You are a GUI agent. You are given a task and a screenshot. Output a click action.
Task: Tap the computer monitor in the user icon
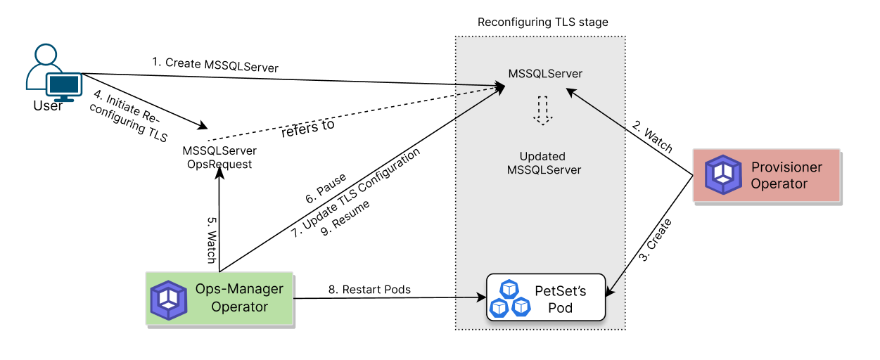[x=64, y=86]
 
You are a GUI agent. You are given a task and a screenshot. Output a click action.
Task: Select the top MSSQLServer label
[x=545, y=74]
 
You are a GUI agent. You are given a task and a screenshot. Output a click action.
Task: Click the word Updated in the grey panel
[x=542, y=156]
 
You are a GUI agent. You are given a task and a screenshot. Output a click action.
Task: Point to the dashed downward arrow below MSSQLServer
[x=542, y=110]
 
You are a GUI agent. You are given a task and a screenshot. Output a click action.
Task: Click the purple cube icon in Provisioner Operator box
[x=723, y=175]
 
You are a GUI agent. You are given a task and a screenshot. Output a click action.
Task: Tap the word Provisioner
[x=786, y=167]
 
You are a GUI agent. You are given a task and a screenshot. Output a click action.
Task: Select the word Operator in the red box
[x=779, y=184]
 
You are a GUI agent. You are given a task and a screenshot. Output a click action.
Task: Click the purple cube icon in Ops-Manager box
[x=169, y=300]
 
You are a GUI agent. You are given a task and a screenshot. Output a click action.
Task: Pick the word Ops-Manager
[x=239, y=289]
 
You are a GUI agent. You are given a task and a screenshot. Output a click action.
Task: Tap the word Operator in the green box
[x=239, y=307]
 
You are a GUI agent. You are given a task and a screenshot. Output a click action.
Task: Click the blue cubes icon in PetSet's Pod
[x=509, y=298]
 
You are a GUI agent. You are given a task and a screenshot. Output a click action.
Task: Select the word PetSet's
[x=561, y=290]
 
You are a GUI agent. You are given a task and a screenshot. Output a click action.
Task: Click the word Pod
[x=561, y=308]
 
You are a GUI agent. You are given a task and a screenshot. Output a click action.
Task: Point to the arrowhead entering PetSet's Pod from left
[x=482, y=297]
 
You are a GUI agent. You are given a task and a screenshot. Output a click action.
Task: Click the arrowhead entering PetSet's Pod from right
[x=610, y=290]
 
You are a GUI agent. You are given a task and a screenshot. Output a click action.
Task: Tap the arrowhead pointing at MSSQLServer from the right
[x=571, y=90]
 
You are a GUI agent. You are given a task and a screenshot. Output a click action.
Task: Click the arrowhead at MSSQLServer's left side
[x=501, y=87]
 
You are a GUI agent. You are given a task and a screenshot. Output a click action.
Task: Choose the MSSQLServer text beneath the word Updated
[x=544, y=170]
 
